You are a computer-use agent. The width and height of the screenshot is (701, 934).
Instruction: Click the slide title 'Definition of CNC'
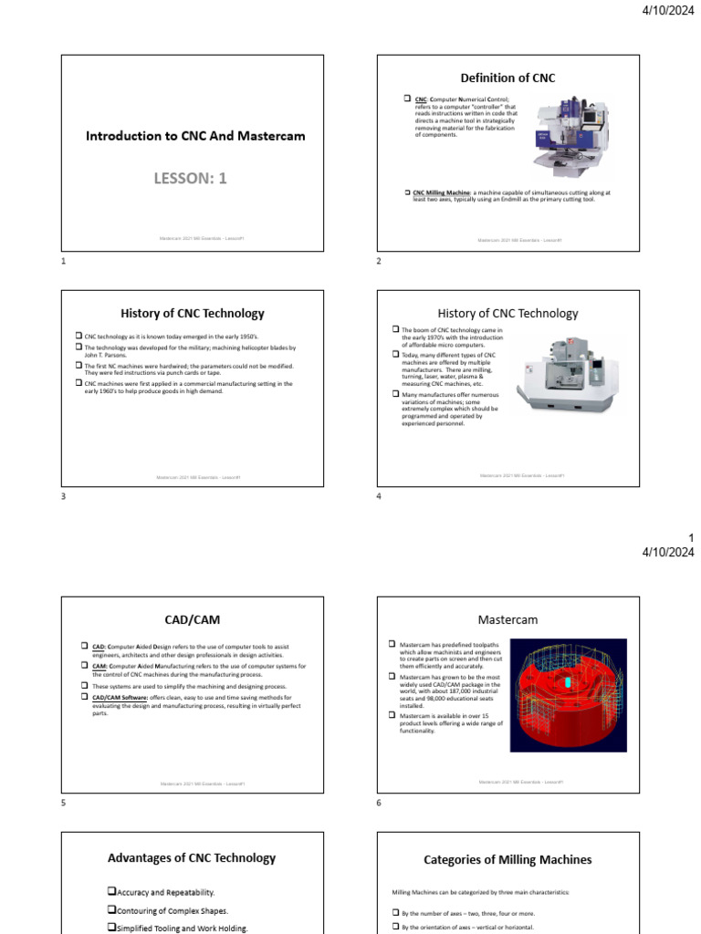507,78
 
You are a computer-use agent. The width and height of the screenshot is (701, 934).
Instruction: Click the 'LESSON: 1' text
191,178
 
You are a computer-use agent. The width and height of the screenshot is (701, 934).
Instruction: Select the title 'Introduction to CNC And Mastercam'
195,136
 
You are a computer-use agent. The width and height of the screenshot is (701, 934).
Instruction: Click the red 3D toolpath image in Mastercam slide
568,695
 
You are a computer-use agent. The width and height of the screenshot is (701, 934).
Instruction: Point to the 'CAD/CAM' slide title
192,619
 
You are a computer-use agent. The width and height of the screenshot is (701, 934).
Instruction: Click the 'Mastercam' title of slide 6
507,619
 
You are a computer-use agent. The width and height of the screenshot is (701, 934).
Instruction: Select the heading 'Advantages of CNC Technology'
192,857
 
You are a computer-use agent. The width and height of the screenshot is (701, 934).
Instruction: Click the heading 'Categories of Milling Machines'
507,859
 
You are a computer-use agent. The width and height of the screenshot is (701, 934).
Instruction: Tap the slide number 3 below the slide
64,495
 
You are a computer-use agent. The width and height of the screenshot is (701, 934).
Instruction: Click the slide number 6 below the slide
379,804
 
